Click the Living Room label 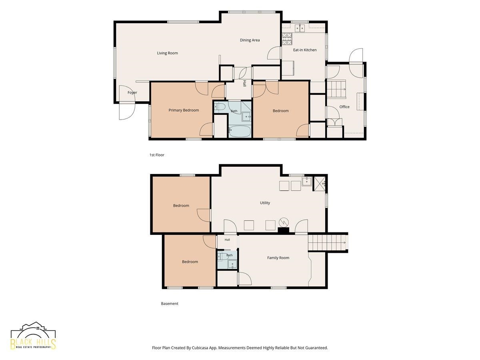click(167, 53)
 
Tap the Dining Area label click(250, 40)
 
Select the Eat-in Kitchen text click(305, 50)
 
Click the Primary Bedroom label click(184, 110)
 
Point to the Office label click(344, 107)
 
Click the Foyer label click(132, 93)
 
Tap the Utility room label click(265, 203)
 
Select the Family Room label click(278, 258)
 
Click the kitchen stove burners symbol click(287, 39)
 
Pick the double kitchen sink click(300, 28)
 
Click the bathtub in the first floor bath click(240, 131)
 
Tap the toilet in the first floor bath click(220, 107)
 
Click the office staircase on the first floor click(336, 89)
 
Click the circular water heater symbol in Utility click(284, 222)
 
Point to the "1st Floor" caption click(157, 155)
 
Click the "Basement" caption click(170, 304)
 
